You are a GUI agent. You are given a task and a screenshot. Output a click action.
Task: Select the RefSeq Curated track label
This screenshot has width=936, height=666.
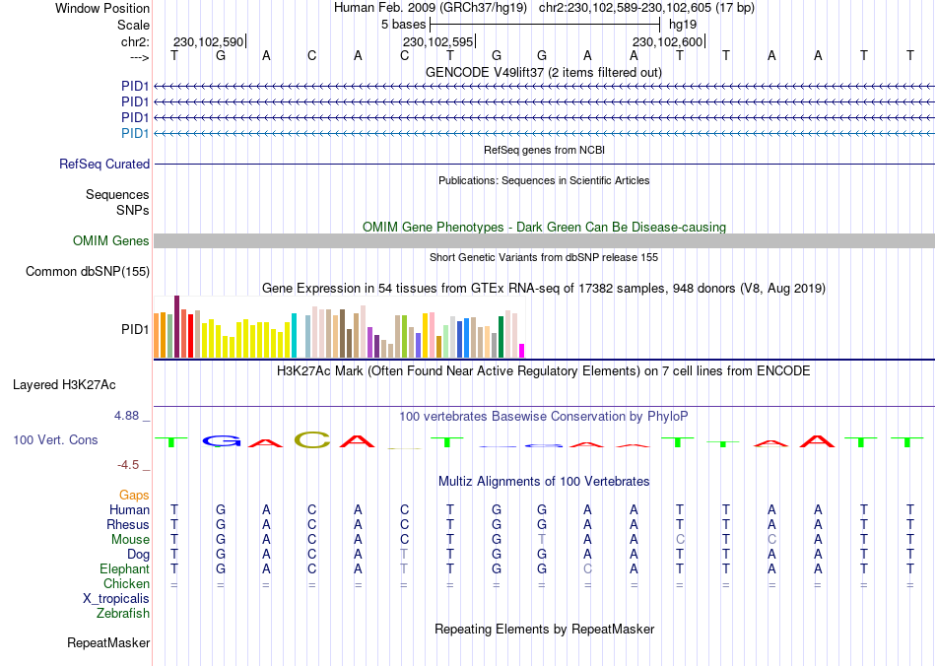104,165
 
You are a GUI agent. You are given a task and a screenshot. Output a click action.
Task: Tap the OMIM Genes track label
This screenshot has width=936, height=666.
111,240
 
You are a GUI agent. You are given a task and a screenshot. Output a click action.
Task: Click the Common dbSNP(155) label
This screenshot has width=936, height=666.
88,271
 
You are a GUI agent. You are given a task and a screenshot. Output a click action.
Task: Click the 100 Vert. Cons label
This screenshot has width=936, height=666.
55,439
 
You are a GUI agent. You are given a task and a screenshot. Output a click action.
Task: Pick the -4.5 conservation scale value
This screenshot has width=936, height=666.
129,464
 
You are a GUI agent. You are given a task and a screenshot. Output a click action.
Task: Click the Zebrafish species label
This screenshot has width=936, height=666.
123,614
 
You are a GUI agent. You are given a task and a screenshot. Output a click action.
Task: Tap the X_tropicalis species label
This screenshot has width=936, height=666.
116,598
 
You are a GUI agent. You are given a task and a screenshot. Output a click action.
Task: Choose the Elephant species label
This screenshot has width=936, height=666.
124,568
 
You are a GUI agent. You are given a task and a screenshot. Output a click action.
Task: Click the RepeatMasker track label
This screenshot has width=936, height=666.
108,643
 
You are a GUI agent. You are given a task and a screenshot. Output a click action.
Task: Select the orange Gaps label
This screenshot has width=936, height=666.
134,495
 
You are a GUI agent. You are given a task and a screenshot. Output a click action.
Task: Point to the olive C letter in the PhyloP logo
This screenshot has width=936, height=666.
312,439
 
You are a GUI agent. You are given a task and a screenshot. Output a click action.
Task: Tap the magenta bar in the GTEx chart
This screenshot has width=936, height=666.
522,350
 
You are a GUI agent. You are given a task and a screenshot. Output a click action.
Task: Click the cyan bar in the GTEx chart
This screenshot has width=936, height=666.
294,335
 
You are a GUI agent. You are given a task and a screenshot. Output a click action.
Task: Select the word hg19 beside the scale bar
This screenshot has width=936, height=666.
682,25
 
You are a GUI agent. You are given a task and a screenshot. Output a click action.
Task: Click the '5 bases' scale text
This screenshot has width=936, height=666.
403,25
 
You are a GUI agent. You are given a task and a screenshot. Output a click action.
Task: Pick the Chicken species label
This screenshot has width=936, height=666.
127,583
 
